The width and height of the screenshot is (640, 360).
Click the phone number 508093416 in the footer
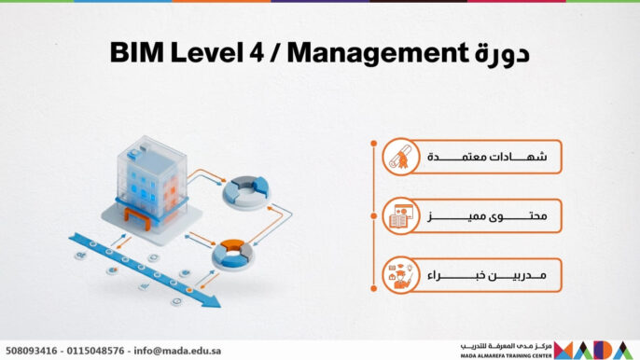[x=32, y=351]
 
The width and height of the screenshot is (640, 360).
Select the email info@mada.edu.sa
[x=180, y=351]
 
